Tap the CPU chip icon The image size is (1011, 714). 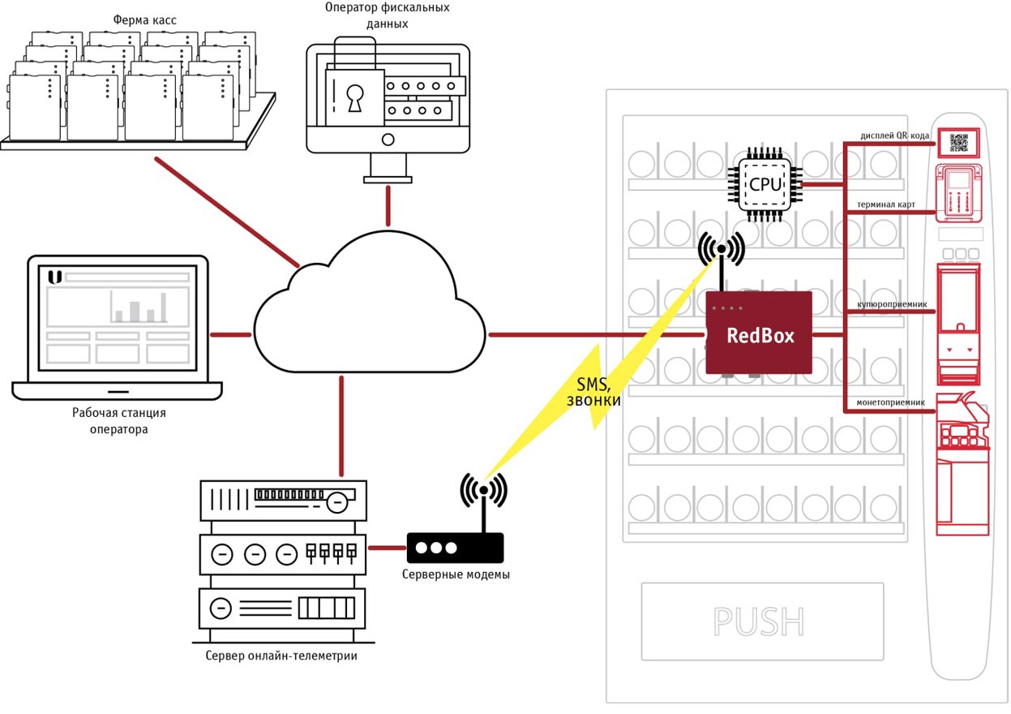coord(765,185)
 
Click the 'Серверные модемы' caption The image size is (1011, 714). coord(456,575)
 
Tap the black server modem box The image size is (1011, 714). coord(455,548)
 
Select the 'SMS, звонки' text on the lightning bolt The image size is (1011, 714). coord(598,394)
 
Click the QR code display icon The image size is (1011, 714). coord(959,142)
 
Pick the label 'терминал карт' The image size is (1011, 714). coord(886,205)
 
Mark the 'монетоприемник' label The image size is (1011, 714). coord(890,402)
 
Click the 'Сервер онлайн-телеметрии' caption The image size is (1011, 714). coord(281,656)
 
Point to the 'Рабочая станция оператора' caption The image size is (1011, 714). coord(118,421)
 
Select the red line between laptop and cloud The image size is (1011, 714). coord(230,333)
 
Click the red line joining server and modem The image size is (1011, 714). coord(386,548)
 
